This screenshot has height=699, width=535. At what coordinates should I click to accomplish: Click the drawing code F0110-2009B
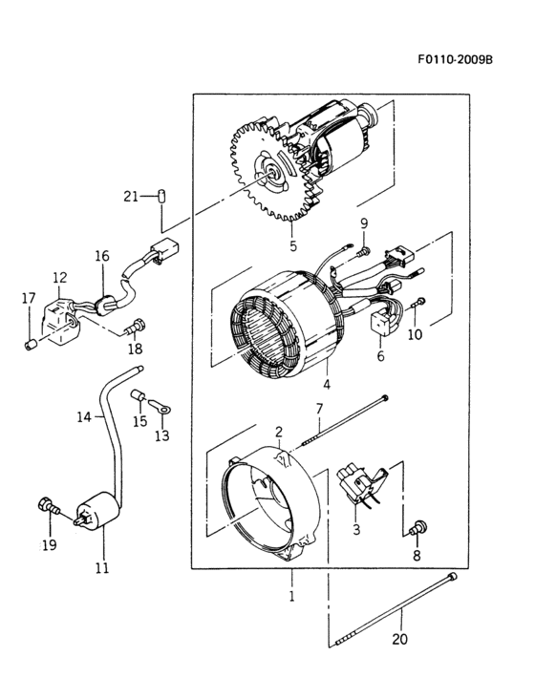click(x=454, y=58)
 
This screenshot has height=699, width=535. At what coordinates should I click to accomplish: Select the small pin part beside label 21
click(x=162, y=196)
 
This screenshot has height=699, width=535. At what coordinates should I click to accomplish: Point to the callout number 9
click(x=363, y=223)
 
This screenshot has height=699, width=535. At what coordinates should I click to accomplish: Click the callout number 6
click(x=380, y=356)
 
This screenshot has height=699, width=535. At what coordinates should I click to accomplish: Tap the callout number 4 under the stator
click(x=326, y=386)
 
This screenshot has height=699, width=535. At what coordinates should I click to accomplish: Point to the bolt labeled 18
click(x=136, y=328)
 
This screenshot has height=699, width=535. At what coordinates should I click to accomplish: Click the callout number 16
click(x=101, y=256)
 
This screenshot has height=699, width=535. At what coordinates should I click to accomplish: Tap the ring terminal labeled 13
click(x=164, y=408)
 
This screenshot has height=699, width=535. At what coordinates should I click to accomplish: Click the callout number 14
click(x=83, y=416)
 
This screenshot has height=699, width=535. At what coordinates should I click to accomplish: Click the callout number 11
click(x=101, y=567)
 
